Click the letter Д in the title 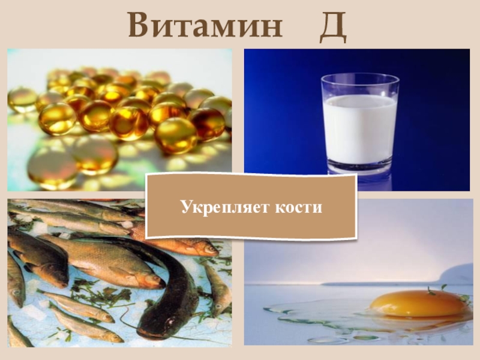(333, 27)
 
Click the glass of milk (360, 126)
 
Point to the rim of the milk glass (360, 78)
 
